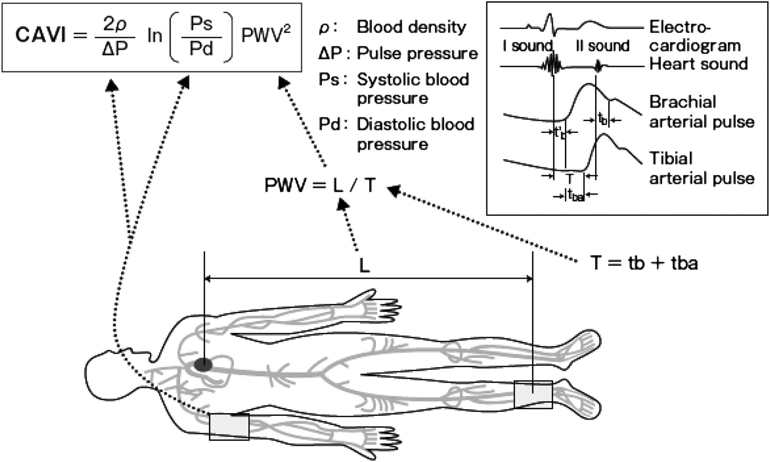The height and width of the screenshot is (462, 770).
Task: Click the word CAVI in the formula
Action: click(x=41, y=35)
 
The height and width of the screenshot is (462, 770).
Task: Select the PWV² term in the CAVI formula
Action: click(x=266, y=35)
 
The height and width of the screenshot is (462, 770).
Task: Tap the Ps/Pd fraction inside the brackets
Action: click(x=201, y=37)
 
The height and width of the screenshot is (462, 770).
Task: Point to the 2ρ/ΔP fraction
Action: click(x=115, y=37)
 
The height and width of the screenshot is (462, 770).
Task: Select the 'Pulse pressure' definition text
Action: click(x=417, y=53)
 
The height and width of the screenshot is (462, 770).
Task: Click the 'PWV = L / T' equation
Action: click(x=320, y=185)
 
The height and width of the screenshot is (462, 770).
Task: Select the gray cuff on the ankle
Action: click(x=533, y=395)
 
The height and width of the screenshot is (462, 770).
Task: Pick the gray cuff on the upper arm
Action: click(x=229, y=427)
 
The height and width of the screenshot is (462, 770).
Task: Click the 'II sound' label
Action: click(x=602, y=46)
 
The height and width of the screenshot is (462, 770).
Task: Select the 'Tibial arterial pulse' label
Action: click(x=701, y=168)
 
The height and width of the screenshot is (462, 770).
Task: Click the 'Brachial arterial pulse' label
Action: click(x=701, y=112)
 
